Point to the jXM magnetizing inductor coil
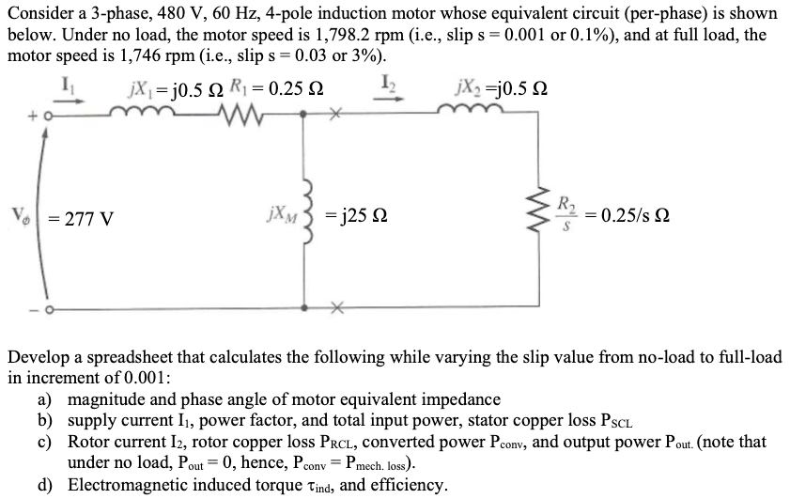click(x=302, y=218)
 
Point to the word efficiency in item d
click(x=410, y=485)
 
